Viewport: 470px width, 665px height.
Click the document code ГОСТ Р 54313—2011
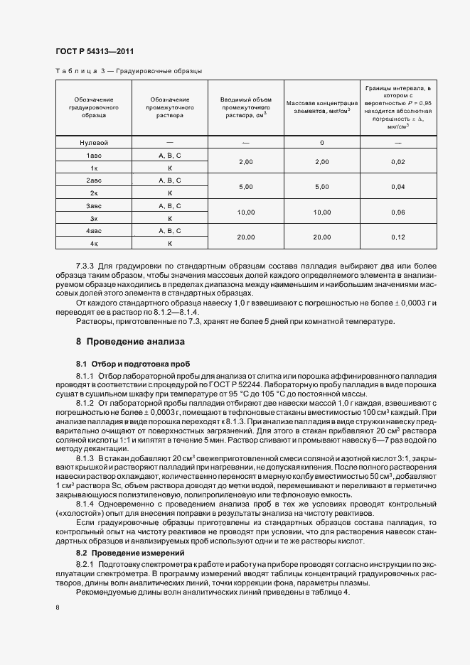94,52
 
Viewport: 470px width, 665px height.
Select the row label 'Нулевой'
93,143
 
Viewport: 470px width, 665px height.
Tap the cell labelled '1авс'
93,155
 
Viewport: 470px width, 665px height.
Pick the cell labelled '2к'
93,193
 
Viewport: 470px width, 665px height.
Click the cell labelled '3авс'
93,205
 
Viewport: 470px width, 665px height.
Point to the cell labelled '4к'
93,244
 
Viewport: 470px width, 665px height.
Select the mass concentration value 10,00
321,212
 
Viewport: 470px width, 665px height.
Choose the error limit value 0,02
397,162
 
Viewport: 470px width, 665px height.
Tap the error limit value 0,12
397,237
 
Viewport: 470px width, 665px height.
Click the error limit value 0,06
397,212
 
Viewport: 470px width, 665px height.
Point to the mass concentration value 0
321,143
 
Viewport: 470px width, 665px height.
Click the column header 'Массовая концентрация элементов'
321,106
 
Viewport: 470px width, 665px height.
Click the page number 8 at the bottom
57,607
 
